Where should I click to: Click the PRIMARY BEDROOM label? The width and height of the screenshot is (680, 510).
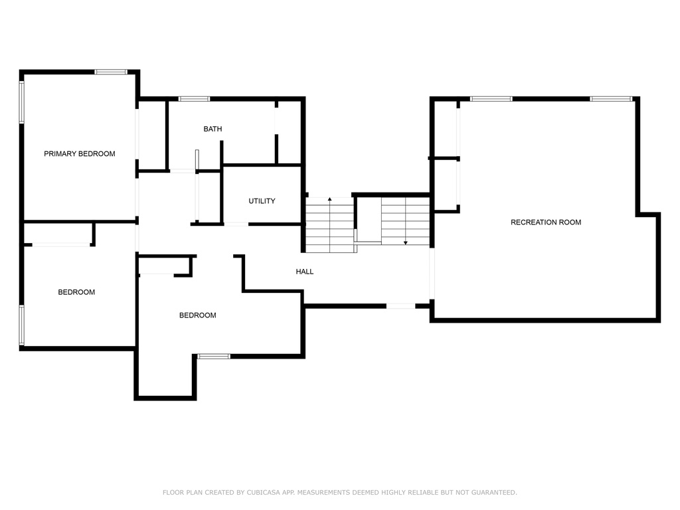pos(80,153)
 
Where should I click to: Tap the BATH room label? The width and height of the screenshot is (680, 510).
pos(212,129)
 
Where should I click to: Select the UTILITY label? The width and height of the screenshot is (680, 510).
pos(262,201)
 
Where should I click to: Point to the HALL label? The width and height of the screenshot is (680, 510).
pos(304,272)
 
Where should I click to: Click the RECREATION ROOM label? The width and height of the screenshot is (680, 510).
pos(546,222)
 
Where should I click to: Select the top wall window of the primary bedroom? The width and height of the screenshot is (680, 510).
pos(111,72)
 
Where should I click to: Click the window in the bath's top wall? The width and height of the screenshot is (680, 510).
pos(195,99)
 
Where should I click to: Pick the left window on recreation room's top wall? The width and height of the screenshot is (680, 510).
pos(491,99)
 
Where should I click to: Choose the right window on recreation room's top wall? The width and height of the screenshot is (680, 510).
pos(611,99)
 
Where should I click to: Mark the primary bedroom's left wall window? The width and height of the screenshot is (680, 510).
pos(22,102)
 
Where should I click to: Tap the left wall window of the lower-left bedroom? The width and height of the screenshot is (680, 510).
pos(22,325)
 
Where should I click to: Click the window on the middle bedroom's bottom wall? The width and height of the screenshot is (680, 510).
pos(214,357)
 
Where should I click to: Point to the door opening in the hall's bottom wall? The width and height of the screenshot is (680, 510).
pos(400,306)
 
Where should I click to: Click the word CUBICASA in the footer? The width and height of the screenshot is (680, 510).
pos(263,492)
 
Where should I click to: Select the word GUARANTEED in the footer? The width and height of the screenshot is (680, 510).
pos(494,492)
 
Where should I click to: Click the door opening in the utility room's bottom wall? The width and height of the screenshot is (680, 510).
pos(236,224)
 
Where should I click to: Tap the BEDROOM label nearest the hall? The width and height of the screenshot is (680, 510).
pos(198,315)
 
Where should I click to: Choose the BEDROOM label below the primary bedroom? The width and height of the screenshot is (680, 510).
pos(76,292)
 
